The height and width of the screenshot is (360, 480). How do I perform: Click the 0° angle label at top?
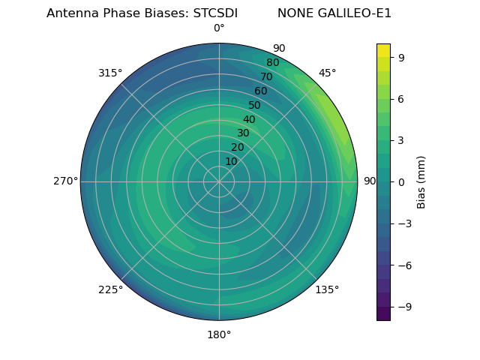(219, 28)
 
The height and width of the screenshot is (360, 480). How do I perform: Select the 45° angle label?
(327, 73)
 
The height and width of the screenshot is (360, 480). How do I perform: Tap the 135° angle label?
(327, 289)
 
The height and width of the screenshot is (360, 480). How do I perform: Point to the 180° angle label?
(219, 334)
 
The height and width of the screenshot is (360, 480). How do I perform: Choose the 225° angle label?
(110, 289)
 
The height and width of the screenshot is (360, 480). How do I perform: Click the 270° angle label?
(65, 181)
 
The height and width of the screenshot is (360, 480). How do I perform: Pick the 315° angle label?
(110, 73)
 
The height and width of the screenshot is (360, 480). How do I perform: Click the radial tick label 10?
(231, 161)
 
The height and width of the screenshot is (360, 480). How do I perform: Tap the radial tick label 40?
(249, 119)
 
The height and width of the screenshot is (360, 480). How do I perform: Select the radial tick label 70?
(266, 76)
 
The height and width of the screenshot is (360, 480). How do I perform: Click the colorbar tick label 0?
(402, 181)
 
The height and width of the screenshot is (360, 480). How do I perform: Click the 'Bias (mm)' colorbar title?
(421, 181)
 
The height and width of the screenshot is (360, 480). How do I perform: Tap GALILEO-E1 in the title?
(358, 13)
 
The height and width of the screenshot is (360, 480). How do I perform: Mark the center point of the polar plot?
(219, 181)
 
